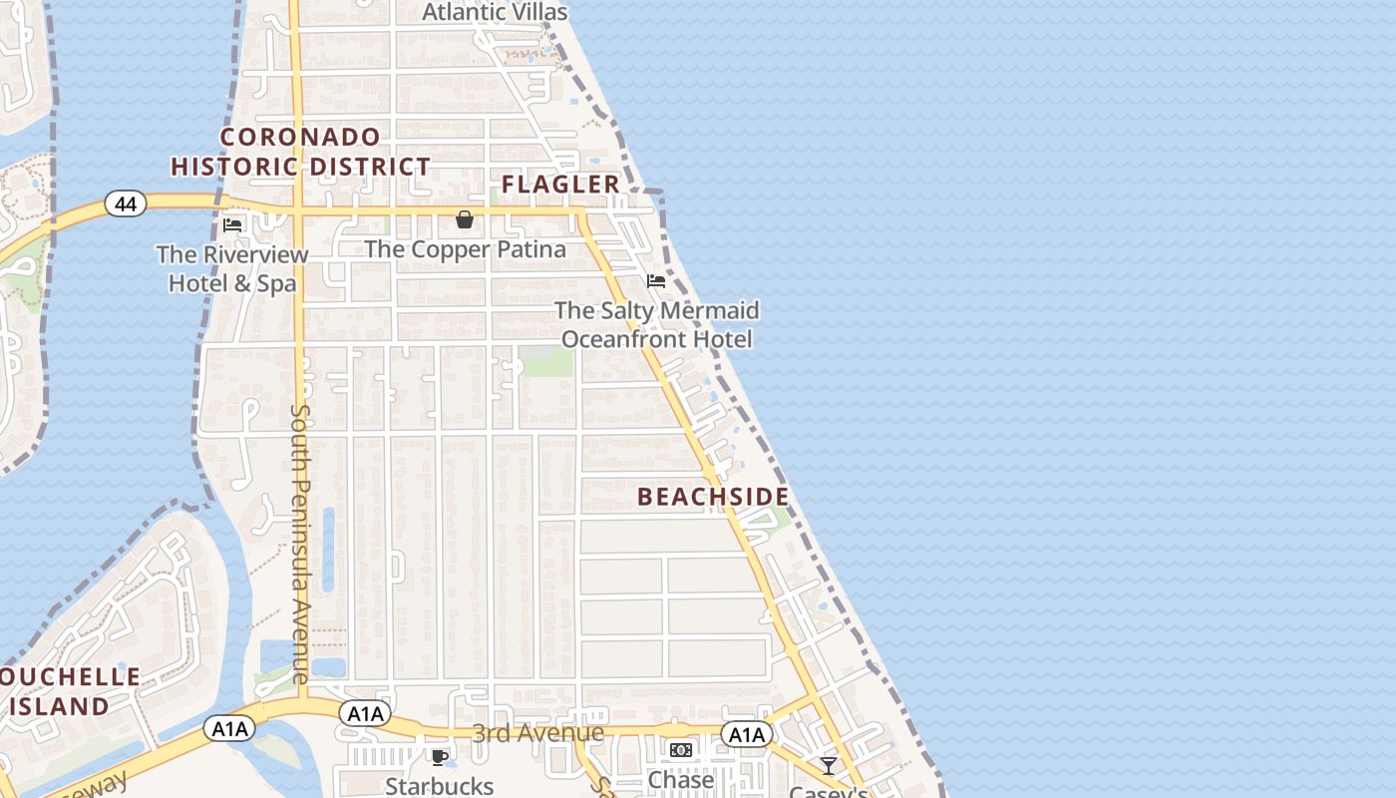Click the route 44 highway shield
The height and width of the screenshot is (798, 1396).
pos(126,204)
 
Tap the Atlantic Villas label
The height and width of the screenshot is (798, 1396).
pos(495,12)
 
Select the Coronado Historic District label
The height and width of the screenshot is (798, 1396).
pos(301,152)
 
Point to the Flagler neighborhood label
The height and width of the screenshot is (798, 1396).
pos(560,185)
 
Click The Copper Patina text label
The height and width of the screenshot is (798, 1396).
pos(466,249)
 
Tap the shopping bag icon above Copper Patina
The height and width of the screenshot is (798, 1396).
pos(465,219)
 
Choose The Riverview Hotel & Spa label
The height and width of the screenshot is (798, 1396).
pos(232,268)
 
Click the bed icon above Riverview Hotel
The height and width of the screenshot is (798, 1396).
pos(232,225)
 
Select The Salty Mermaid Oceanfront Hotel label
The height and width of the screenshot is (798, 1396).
pos(657,325)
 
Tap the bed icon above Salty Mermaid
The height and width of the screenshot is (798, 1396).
pos(656,281)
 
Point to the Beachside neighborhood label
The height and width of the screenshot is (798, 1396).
pos(713,497)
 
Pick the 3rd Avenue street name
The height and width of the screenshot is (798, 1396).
pos(538,733)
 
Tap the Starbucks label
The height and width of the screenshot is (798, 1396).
pos(440,786)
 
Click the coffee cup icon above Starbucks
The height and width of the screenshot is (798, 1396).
pos(439,757)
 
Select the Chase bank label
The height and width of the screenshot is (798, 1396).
pos(681,780)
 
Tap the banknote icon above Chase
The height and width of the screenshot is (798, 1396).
pos(681,750)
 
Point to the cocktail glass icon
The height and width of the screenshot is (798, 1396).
pos(829,766)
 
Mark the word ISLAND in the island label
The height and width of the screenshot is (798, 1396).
pos(60,706)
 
